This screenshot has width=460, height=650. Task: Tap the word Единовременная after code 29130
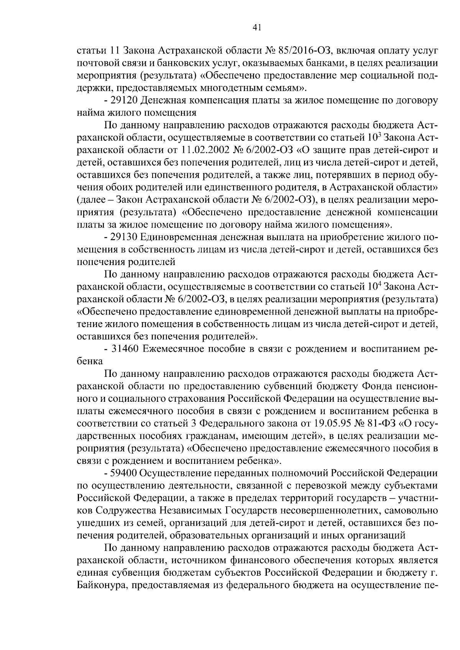[179, 237]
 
